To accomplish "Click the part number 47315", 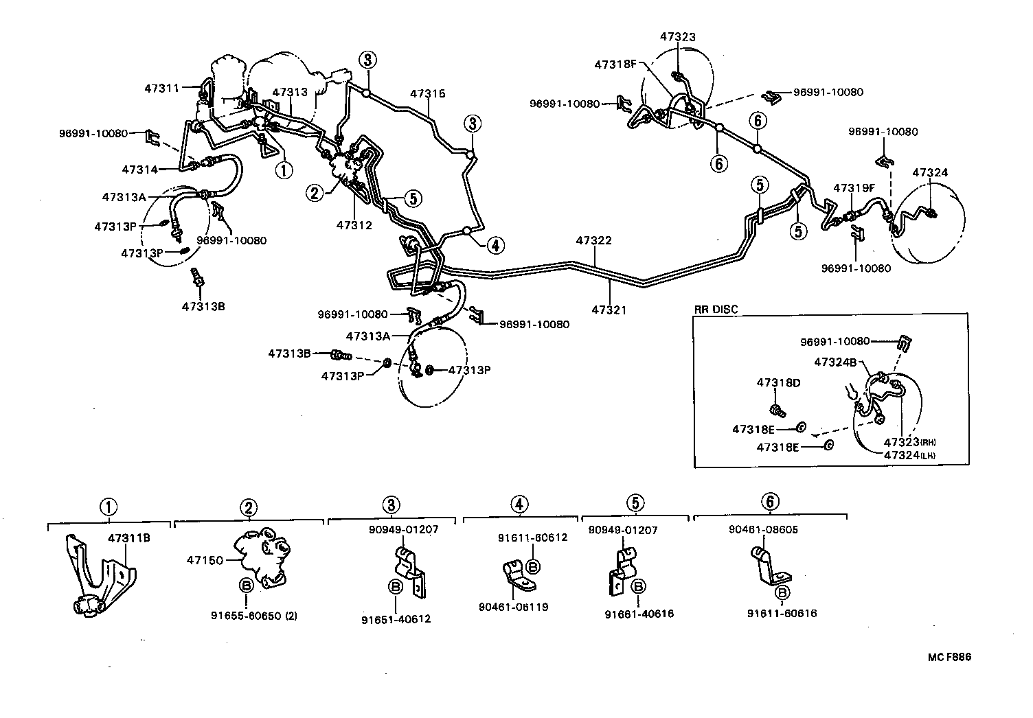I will (x=428, y=93).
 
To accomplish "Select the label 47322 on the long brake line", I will (x=593, y=241).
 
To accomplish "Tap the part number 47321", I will (x=609, y=310).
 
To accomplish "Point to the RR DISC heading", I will (x=716, y=310).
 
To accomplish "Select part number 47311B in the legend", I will (x=129, y=538).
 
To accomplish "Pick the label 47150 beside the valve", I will (x=205, y=560).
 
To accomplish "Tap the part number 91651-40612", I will (x=396, y=619).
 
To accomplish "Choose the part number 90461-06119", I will (x=514, y=607).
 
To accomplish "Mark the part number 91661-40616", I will (x=639, y=614).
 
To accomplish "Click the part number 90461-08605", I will (x=763, y=530).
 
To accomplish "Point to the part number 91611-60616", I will (x=782, y=614).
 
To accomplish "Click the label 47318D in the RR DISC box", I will (x=779, y=383).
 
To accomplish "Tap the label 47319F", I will (x=854, y=187).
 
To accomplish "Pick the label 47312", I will (x=354, y=224).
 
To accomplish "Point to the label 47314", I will (x=140, y=169).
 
